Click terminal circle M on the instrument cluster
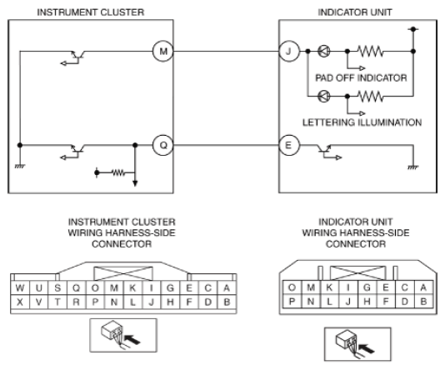point(162,52)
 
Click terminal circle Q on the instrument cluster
point(162,145)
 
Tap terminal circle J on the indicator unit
point(289,52)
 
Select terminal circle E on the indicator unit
point(289,145)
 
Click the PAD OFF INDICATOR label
point(361,77)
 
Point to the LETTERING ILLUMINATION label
point(362,122)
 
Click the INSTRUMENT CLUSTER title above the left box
point(91,12)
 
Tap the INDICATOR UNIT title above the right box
point(355,12)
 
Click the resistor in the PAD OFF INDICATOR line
point(370,52)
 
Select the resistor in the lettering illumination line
point(370,97)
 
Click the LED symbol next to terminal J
point(324,52)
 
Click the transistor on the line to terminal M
point(74,57)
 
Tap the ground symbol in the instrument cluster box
point(20,167)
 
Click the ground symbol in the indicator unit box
point(413,167)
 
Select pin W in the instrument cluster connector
point(20,288)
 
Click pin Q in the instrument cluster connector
point(76,288)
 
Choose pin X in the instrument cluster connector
point(20,302)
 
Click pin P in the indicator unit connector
point(292,302)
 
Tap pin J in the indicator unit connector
point(348,302)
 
